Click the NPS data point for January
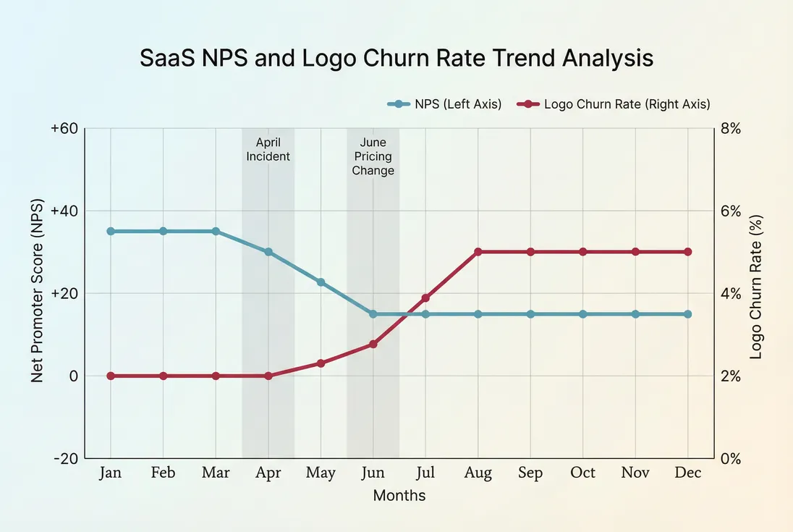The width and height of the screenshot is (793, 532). (x=111, y=232)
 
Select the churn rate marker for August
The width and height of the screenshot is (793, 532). (x=478, y=252)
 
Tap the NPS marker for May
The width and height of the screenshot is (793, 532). (x=321, y=282)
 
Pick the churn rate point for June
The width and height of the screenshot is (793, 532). (x=373, y=345)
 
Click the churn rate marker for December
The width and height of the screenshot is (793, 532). (x=688, y=252)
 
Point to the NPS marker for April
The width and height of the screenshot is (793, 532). (x=268, y=252)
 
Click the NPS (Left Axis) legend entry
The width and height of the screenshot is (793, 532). (x=445, y=104)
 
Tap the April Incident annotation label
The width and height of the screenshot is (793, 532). (x=268, y=149)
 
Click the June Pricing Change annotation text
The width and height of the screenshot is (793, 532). (x=373, y=157)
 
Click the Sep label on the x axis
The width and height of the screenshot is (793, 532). (x=530, y=473)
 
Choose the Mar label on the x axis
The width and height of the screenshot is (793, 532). (x=216, y=473)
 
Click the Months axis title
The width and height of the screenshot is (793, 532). (x=399, y=496)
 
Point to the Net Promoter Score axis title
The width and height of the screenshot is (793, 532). (x=38, y=293)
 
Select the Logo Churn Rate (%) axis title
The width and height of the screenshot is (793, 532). (x=756, y=287)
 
